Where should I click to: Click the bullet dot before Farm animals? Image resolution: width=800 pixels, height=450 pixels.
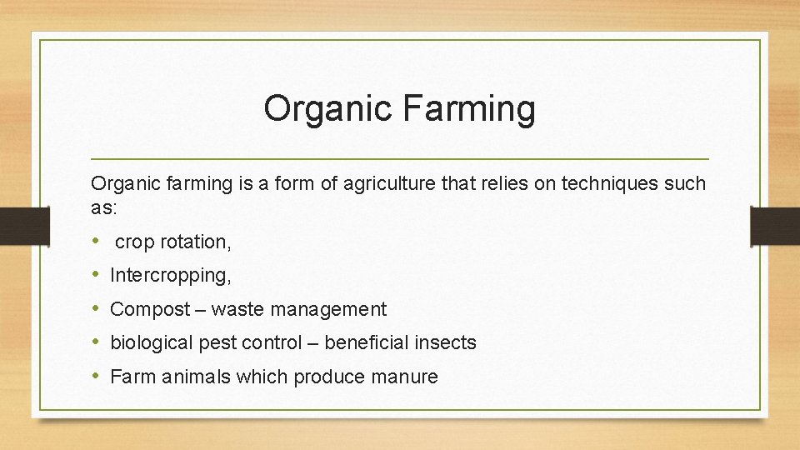coord(97,377)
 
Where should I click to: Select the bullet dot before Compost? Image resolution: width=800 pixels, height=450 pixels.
coord(97,309)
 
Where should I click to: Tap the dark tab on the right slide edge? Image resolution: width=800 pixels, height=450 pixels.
coord(776,226)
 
